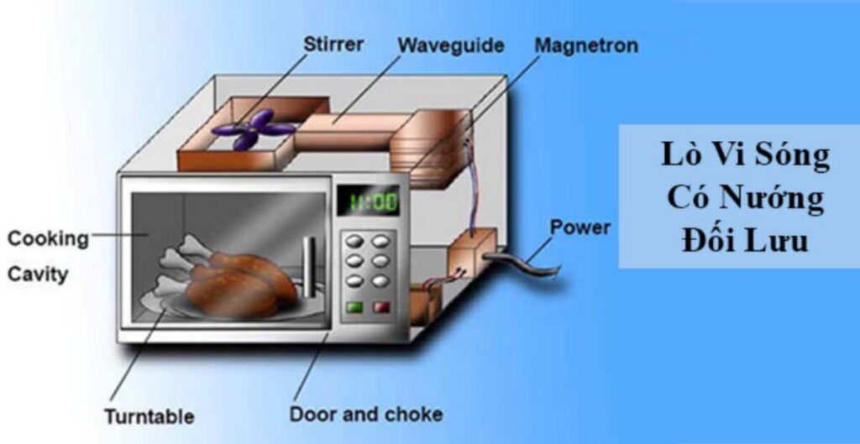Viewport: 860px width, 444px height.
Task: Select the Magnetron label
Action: tap(585, 44)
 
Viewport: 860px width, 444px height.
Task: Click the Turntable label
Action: tap(149, 416)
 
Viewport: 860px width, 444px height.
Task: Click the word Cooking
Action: tap(48, 238)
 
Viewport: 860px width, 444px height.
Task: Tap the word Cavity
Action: tap(38, 274)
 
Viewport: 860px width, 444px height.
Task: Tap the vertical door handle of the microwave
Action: tap(308, 267)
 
